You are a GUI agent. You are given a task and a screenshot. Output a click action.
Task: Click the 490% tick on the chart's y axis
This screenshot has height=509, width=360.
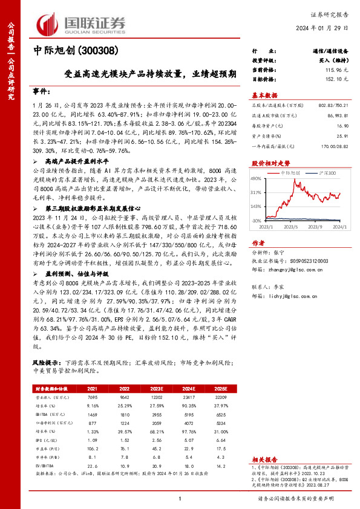point(255,178)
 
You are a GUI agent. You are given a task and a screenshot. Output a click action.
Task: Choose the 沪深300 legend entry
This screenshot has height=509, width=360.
point(324,173)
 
